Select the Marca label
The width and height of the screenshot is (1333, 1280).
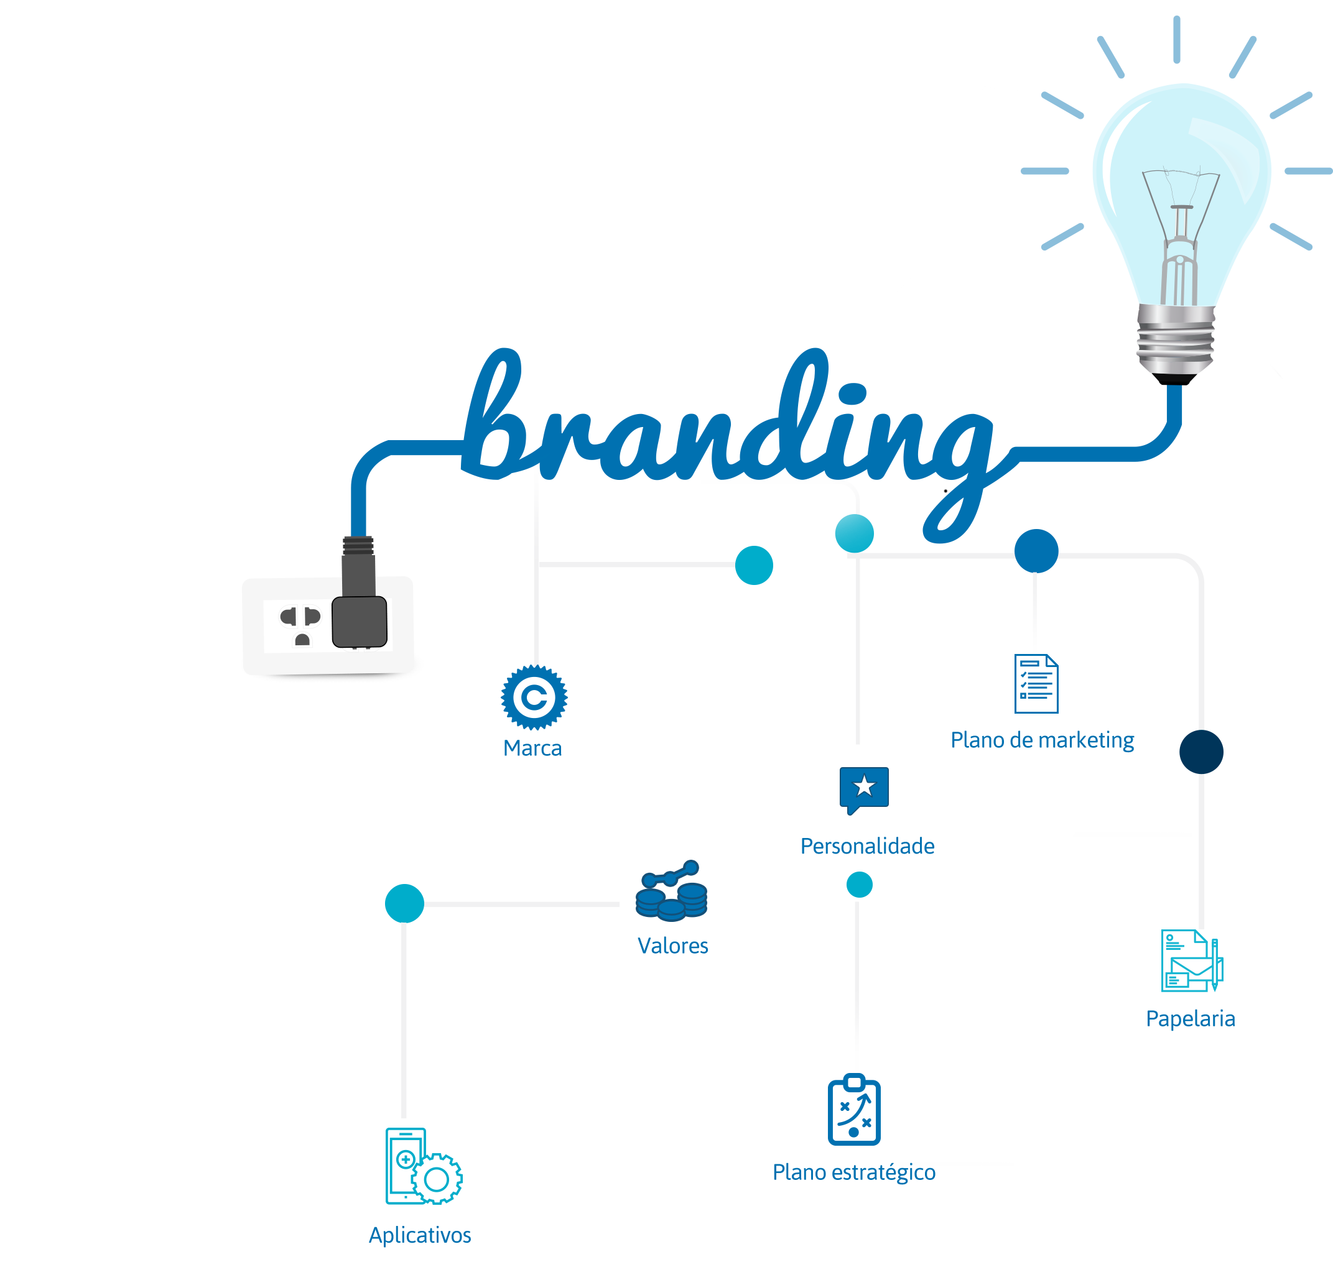tap(532, 748)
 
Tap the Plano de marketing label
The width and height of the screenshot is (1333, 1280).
tap(1042, 740)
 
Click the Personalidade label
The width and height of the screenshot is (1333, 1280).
tap(867, 845)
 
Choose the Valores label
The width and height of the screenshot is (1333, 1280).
tap(672, 945)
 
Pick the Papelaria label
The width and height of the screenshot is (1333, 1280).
tap(1190, 1018)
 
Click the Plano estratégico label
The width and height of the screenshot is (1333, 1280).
tap(854, 1172)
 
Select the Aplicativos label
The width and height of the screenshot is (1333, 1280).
tap(420, 1235)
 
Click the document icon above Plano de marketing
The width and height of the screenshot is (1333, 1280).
tap(1036, 683)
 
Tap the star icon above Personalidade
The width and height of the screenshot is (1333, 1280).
tap(864, 788)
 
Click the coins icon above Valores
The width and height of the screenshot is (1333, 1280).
tap(671, 890)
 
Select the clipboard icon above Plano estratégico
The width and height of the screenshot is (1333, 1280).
tap(854, 1110)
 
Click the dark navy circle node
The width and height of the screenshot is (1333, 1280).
tap(1201, 752)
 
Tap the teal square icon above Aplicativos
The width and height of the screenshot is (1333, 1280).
tap(422, 1166)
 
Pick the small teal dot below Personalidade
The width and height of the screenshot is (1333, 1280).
tap(860, 885)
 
